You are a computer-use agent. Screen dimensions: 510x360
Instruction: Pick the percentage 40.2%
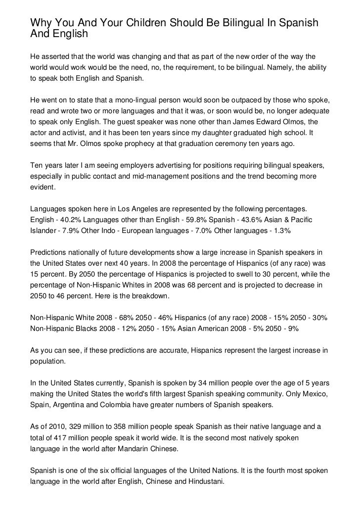(x=69, y=219)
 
